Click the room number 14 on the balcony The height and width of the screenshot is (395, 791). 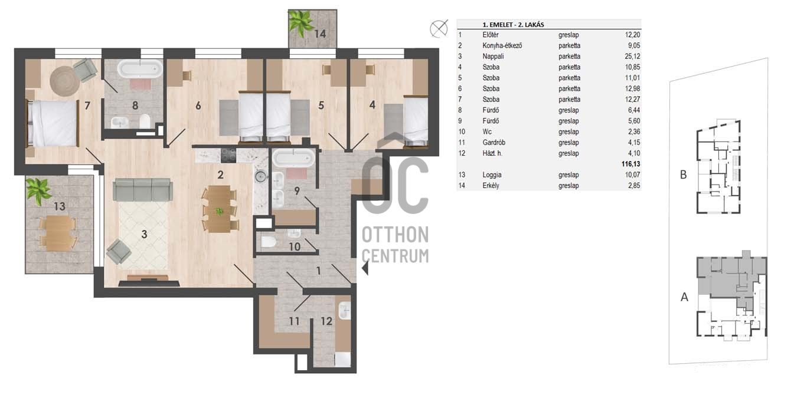coord(320,34)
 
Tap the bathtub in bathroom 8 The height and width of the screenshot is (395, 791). coord(140,69)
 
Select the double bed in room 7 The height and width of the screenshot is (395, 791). coord(53,123)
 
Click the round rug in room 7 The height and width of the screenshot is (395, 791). coord(65,81)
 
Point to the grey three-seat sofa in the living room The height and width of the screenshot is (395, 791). coord(143,189)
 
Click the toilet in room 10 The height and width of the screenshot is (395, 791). coord(269,242)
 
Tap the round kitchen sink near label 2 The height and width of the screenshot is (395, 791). coord(260,176)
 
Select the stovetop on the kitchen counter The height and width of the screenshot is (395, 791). coord(228,155)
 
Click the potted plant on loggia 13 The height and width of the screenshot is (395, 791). coord(38,191)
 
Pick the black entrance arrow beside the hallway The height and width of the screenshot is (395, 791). coord(365,268)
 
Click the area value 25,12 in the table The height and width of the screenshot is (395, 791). coord(632,57)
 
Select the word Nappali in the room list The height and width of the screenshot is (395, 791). coord(493,57)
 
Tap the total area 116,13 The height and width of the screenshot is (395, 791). coord(630,164)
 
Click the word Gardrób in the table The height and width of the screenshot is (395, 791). coord(493,143)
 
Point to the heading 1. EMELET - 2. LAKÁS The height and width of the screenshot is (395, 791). coord(513,25)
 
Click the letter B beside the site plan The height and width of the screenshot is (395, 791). coord(684,175)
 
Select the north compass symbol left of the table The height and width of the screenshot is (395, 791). coord(439,28)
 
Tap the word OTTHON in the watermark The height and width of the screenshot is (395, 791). coord(395,235)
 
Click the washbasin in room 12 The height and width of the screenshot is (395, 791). coord(344,310)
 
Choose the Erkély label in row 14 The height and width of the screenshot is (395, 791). coord(491,186)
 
